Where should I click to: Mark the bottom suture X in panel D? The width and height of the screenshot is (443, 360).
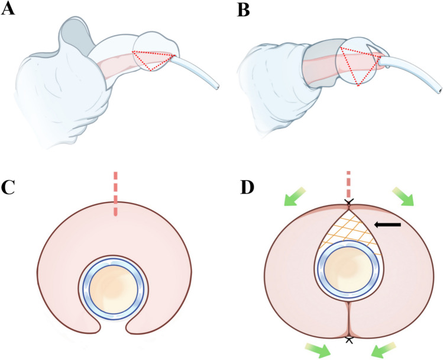[x=349, y=339]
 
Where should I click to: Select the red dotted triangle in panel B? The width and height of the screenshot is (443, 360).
[x=360, y=64]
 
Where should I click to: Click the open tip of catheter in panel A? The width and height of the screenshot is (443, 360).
[x=220, y=87]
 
